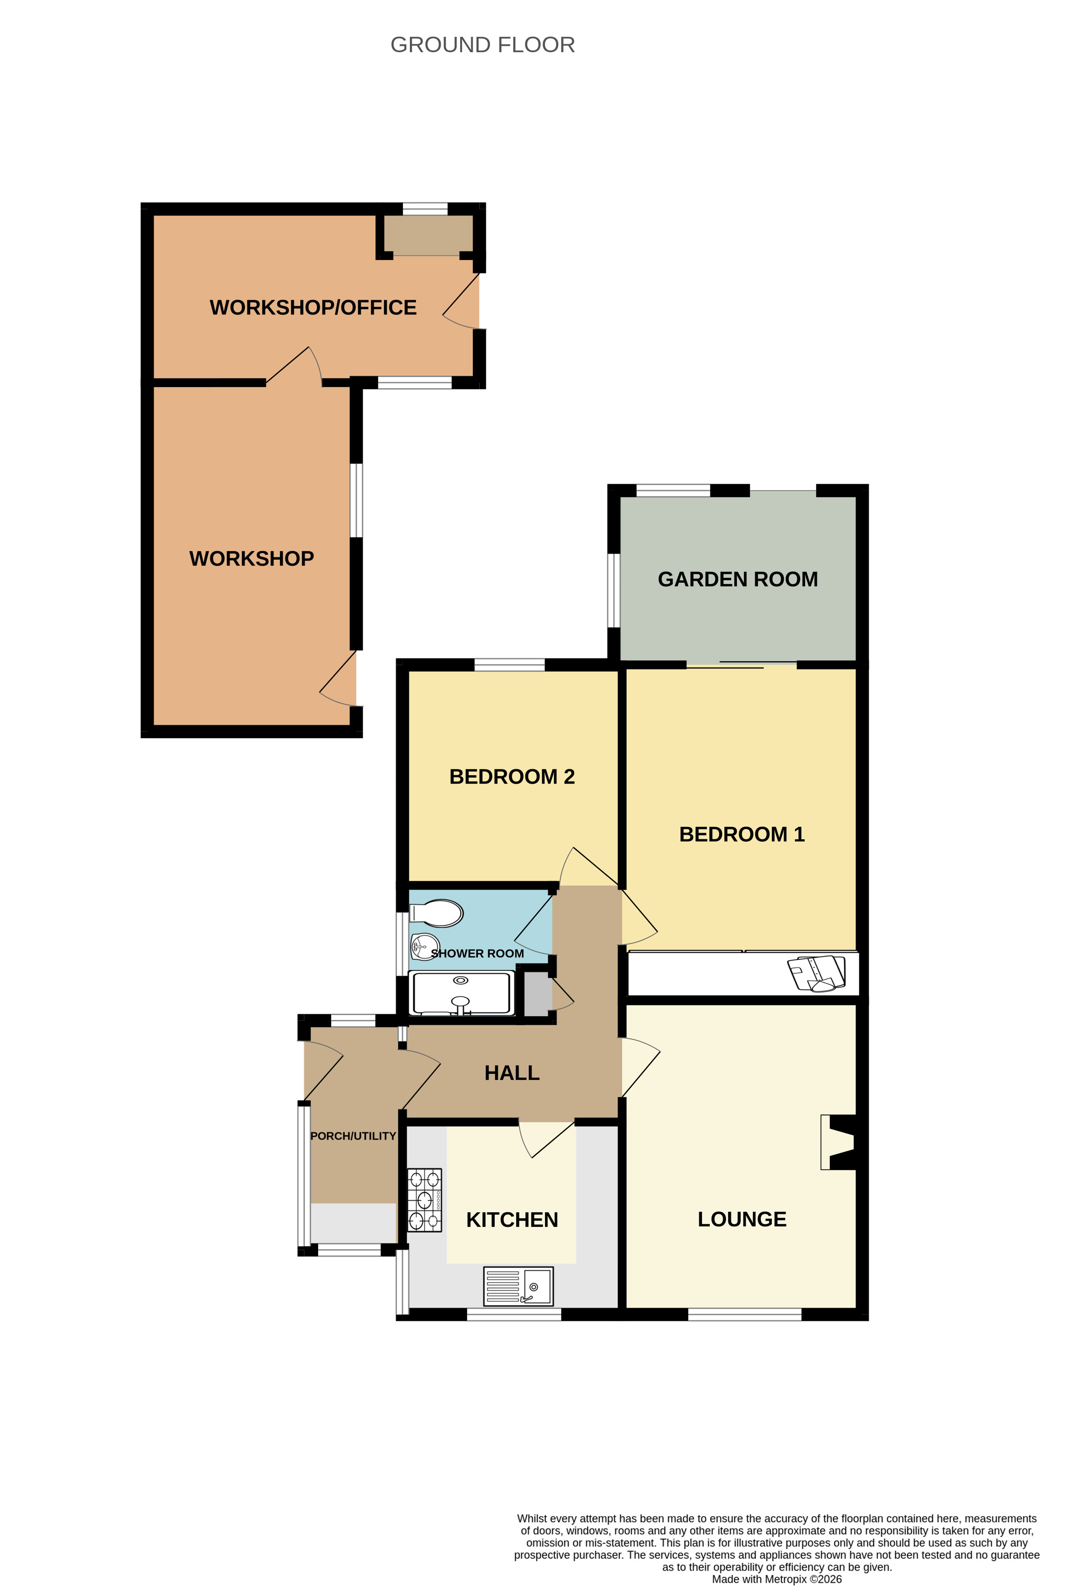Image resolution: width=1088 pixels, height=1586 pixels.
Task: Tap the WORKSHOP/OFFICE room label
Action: point(313,308)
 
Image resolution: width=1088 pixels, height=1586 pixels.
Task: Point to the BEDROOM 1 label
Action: point(741,834)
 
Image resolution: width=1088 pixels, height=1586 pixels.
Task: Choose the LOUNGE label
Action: point(741,1219)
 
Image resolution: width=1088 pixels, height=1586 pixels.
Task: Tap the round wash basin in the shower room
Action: point(424,947)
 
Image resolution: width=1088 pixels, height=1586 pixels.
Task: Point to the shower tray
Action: point(461,993)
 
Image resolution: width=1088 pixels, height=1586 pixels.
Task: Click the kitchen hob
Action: point(424,1200)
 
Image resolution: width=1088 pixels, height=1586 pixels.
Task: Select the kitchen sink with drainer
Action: point(518,1286)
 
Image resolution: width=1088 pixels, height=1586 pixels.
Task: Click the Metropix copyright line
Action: point(776,1579)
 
